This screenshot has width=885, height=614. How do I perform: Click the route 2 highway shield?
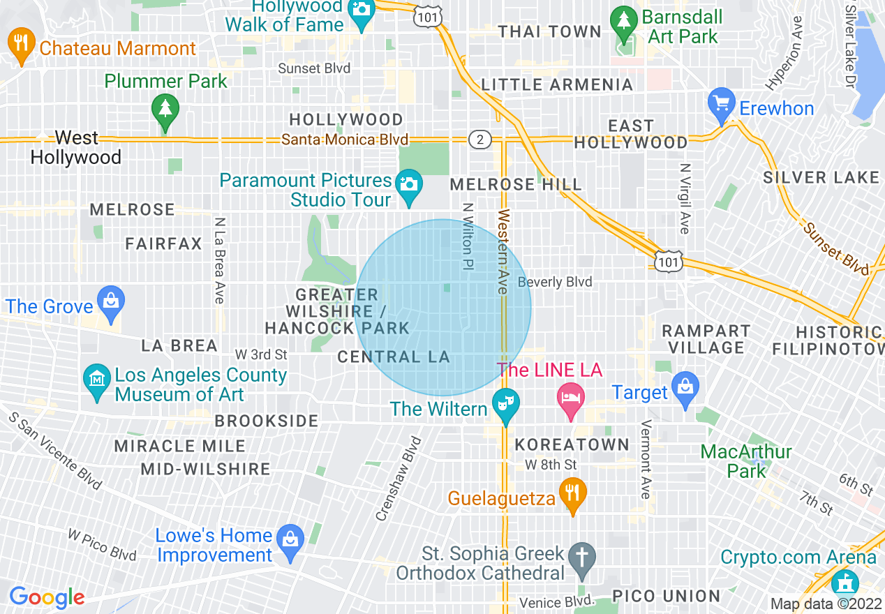[x=479, y=139]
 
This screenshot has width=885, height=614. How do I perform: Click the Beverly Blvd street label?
[x=555, y=282]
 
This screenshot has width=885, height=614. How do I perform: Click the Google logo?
[x=47, y=597]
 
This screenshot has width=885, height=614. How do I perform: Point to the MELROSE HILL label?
[x=515, y=184]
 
